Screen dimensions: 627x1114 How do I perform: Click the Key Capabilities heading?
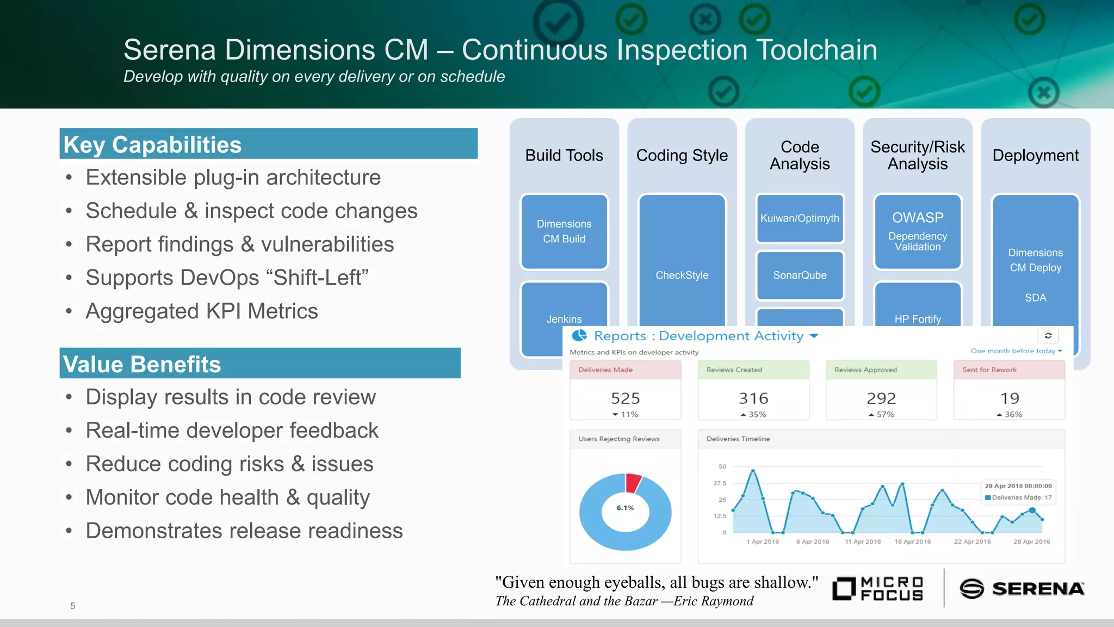click(x=152, y=145)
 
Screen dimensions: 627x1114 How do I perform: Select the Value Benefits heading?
click(x=142, y=364)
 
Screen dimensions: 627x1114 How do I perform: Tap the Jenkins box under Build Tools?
click(x=564, y=318)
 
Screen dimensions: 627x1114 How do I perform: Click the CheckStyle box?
click(x=682, y=275)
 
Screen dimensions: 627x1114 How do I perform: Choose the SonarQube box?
click(x=800, y=275)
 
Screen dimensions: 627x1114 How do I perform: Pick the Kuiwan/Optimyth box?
click(x=800, y=218)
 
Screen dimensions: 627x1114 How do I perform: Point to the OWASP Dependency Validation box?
click(x=918, y=231)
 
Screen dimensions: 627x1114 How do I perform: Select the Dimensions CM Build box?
click(x=564, y=231)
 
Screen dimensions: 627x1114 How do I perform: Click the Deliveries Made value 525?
click(x=625, y=398)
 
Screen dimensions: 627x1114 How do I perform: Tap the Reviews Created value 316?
click(x=753, y=398)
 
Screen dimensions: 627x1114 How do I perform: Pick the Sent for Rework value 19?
click(x=1010, y=398)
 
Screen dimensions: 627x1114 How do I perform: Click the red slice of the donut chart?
click(x=633, y=482)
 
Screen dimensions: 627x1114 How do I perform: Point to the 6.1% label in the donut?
click(x=625, y=508)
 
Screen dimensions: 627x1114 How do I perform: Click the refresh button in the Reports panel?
click(x=1048, y=336)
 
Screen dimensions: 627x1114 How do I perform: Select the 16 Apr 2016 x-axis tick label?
click(x=912, y=542)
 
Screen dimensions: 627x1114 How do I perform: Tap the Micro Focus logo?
click(x=878, y=588)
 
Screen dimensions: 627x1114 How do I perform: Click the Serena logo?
click(x=1022, y=588)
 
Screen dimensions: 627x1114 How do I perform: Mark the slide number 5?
click(x=72, y=606)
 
